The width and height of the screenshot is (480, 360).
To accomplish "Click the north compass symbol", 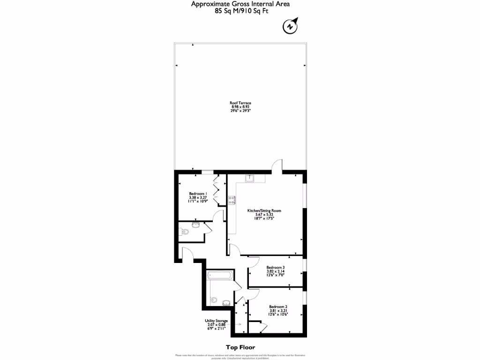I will [291, 27].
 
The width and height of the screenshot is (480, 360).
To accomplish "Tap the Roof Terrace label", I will [240, 107].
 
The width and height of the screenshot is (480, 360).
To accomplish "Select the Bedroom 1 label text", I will [198, 197].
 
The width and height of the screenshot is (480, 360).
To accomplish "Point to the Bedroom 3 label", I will [276, 270].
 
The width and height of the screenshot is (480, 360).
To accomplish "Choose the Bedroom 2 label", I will [278, 310].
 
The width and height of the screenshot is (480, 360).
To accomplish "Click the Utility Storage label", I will [216, 324].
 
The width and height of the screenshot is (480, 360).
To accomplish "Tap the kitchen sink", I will [250, 178].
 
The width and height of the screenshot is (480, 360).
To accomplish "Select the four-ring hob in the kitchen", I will [232, 200].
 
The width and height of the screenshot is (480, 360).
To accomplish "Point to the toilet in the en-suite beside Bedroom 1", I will [184, 232].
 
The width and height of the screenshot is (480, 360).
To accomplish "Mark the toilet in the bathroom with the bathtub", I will [215, 300].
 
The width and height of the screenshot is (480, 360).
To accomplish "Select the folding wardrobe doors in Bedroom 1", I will [216, 189].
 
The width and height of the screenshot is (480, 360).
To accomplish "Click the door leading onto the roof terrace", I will [277, 166].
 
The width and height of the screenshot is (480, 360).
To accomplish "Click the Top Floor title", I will [240, 347].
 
